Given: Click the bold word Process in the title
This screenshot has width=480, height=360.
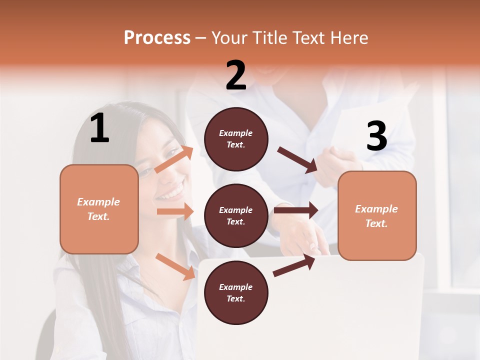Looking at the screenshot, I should pos(157,38).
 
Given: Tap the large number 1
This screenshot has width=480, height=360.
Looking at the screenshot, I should pos(99,128).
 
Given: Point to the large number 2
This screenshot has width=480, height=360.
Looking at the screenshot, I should pos(236,75).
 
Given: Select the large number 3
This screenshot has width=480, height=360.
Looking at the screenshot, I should pos(376,136).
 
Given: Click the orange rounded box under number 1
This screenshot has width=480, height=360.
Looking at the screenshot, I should pos(99,209).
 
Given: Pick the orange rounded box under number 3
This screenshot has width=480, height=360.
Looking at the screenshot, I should pos(377,216).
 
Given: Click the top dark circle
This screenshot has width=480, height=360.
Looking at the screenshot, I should pos(236,139).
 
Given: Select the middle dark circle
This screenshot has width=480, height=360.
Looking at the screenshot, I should pos(236,215).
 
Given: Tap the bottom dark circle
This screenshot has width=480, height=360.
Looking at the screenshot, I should pos(236,292).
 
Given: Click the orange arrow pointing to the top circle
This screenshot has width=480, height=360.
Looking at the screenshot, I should pos(174,159).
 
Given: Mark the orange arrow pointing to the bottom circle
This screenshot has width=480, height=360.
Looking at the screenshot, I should pos(175,266).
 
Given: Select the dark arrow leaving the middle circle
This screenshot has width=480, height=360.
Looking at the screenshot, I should pos(295,210).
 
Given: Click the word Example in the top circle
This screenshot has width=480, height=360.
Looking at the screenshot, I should pos(236,133).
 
